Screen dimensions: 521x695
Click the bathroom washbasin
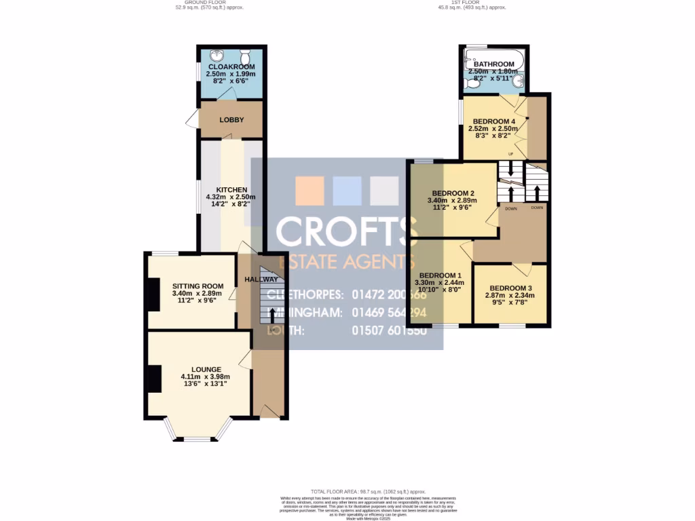click(x=518, y=83)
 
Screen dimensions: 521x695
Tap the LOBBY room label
click(x=231, y=120)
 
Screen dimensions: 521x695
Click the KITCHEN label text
click(x=231, y=189)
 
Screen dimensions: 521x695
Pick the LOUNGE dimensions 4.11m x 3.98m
click(x=205, y=377)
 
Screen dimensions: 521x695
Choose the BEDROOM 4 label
click(x=494, y=121)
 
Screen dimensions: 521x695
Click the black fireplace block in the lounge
click(x=155, y=379)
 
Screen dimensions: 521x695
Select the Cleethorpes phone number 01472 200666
click(x=389, y=295)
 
